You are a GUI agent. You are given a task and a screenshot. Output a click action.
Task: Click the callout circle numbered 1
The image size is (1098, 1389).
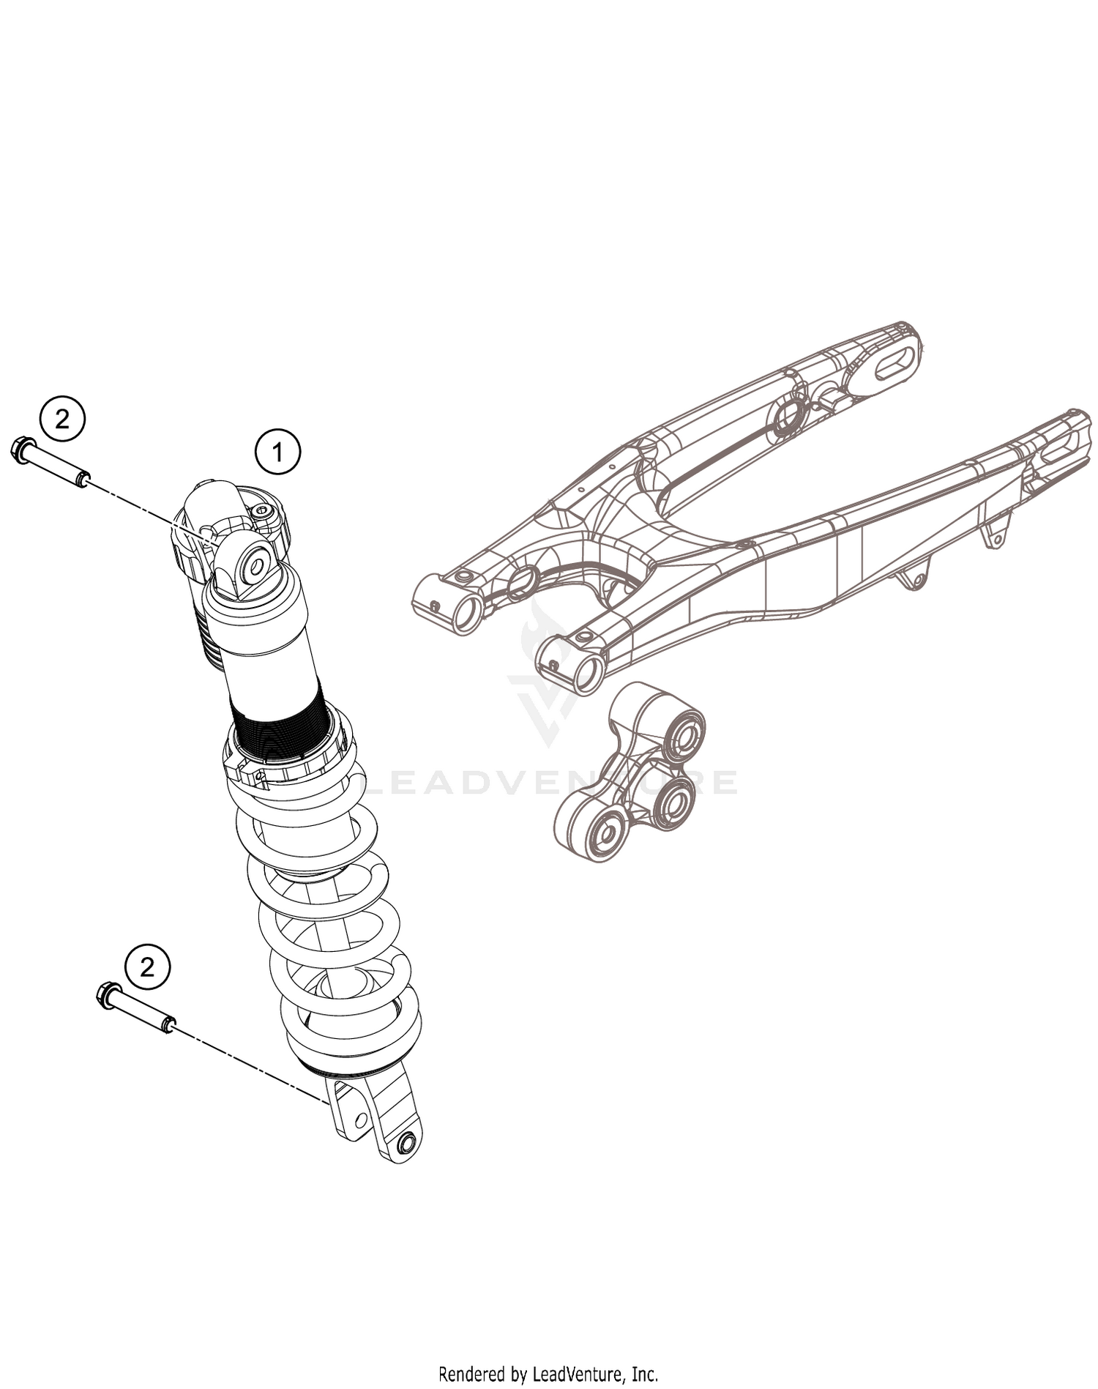[x=277, y=453]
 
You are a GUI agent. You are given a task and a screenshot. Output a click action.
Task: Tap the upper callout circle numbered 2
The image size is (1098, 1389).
[x=62, y=419]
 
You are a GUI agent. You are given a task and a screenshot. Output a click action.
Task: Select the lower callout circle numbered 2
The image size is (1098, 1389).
[x=147, y=967]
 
